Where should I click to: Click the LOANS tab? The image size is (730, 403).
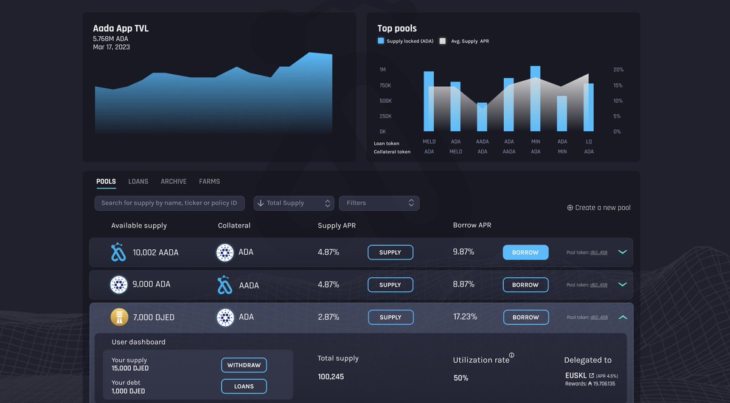coord(138,181)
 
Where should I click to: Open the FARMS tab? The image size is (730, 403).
coord(209,181)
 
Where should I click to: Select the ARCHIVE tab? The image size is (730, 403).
coord(173,181)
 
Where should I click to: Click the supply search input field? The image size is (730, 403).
coord(170,203)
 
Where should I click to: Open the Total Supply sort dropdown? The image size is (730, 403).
coord(294,203)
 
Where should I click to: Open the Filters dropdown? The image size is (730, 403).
coord(379,203)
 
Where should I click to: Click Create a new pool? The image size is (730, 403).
coord(599,208)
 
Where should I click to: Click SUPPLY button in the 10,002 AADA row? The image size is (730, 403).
coord(390,252)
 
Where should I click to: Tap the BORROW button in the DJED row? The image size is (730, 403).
coord(526,317)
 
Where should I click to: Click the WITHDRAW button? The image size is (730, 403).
coord(243,365)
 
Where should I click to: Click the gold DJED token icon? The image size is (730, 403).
coord(119,317)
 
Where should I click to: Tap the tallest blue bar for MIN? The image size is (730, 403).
coord(535,98)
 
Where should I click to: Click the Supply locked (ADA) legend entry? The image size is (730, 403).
coord(405,41)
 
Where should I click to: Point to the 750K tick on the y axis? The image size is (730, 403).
coord(385,86)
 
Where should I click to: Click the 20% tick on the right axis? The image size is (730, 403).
coord(618,70)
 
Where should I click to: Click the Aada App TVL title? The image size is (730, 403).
coord(120,29)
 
